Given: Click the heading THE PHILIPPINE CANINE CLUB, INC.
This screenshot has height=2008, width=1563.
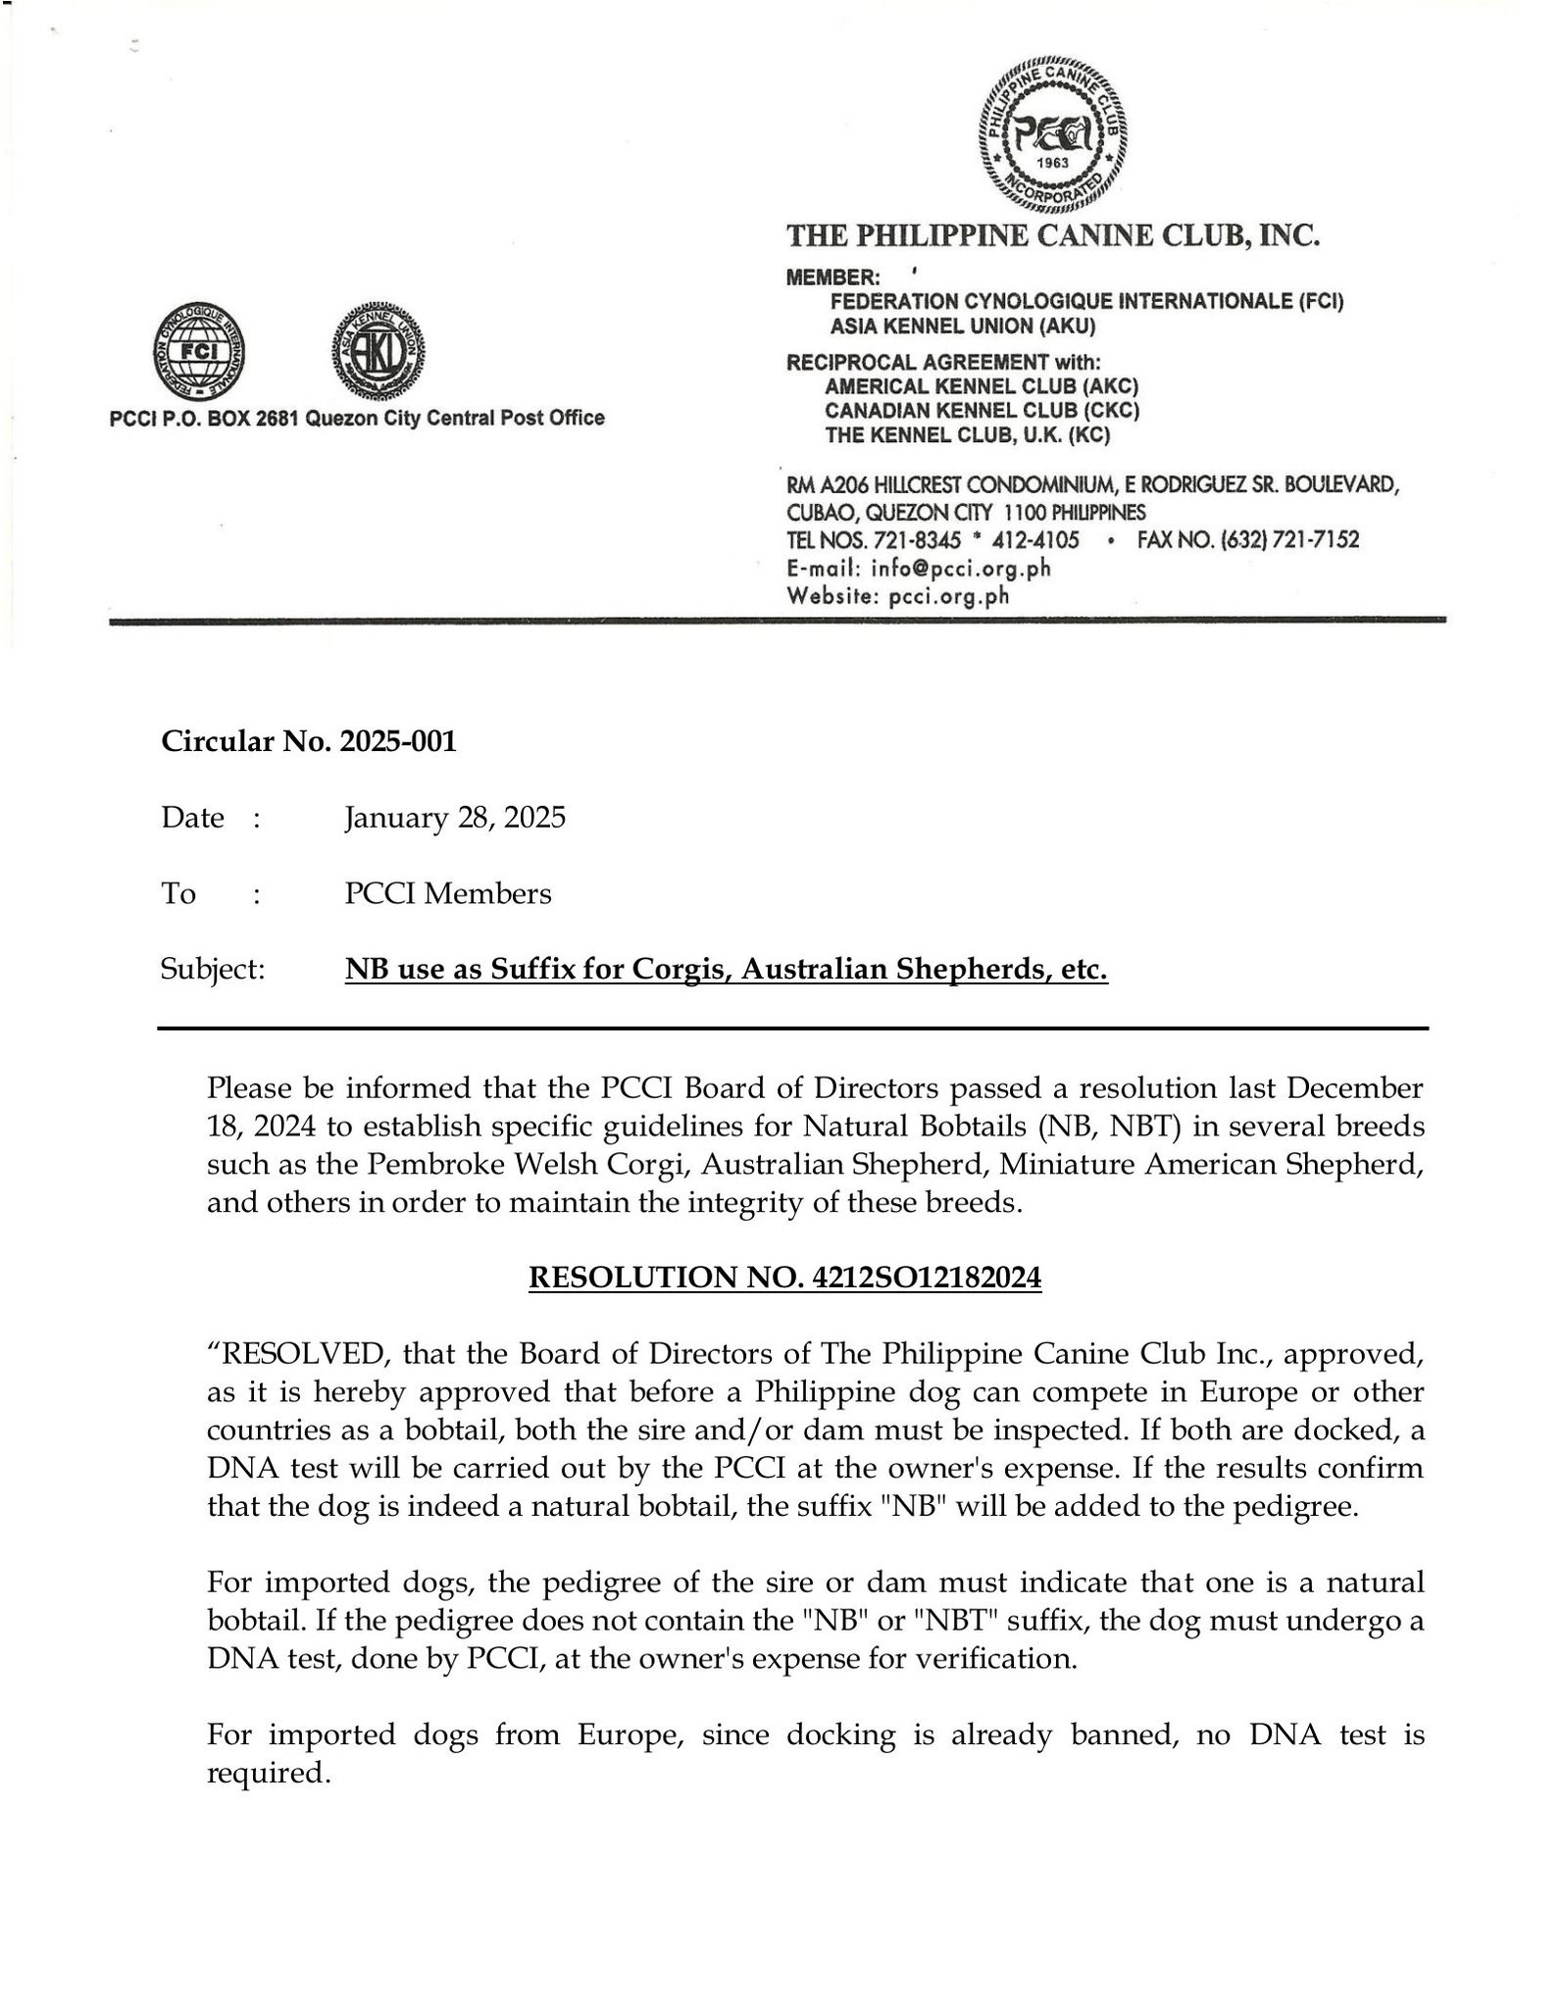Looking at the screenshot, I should click(1054, 236).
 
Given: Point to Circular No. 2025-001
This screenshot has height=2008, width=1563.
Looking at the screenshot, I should click(309, 742).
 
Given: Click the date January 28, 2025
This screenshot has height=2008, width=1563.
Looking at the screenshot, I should click(455, 818).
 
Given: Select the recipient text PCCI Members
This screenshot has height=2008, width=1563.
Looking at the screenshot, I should click(447, 894).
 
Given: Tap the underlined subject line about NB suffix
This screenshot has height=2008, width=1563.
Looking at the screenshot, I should click(726, 971).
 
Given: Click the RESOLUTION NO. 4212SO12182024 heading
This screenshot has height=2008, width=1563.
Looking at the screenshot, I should click(784, 1279).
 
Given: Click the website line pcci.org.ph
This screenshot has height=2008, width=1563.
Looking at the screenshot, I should click(948, 596).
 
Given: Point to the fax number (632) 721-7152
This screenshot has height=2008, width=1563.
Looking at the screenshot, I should click(1247, 539).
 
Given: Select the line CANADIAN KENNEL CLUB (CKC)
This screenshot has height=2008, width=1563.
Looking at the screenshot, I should click(981, 410).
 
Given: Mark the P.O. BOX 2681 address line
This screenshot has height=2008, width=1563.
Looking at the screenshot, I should click(357, 419).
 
